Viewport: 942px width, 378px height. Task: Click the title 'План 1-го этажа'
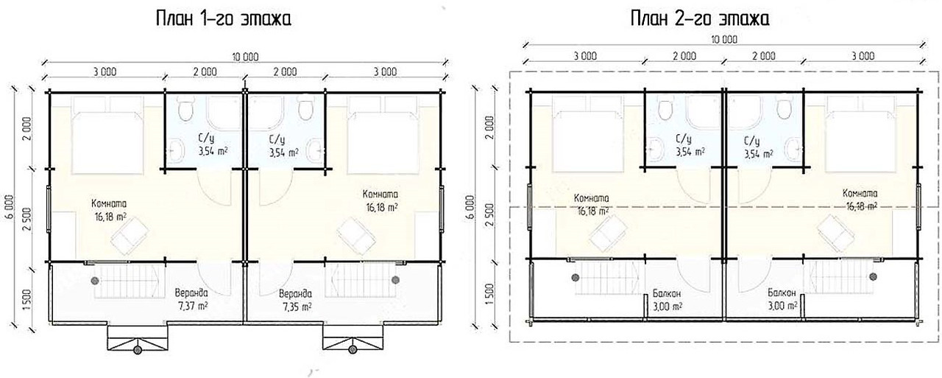point(223,19)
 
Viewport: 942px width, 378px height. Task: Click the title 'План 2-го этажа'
point(700,19)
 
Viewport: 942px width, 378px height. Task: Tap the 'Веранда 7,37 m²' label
point(191,299)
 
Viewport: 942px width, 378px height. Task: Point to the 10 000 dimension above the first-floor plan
point(245,57)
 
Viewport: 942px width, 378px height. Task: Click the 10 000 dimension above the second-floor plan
point(724,40)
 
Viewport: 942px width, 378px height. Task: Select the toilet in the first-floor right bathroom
point(305,108)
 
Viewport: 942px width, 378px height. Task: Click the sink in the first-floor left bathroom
point(176,152)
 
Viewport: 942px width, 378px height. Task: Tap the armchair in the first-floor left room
point(130,237)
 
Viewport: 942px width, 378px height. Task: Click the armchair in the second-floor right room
point(836,233)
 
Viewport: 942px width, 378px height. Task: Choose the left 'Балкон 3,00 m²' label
point(667,300)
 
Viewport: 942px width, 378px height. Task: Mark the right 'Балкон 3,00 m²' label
point(782,299)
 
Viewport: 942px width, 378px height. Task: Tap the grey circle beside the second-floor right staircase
point(874,276)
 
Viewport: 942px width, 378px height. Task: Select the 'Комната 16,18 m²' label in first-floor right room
point(380,200)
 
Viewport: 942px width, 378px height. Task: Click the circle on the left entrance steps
point(138,350)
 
